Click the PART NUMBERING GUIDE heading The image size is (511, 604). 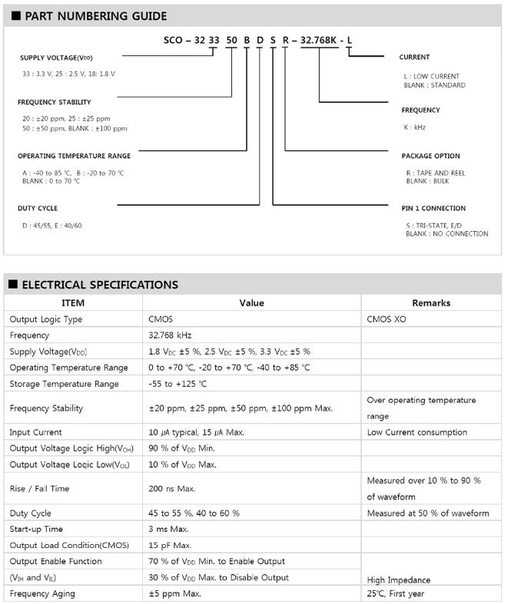[95, 15]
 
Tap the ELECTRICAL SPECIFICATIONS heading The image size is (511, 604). [99, 285]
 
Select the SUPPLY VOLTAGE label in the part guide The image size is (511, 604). [58, 58]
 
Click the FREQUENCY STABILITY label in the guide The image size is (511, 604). [54, 102]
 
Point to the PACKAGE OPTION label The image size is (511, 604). [430, 156]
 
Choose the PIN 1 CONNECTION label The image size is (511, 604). [433, 208]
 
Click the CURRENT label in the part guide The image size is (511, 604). [414, 58]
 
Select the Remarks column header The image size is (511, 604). [431, 303]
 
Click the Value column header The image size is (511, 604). [251, 303]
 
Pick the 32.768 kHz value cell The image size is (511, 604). [170, 335]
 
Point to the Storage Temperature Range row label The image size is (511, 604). [64, 384]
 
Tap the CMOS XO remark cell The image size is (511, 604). [387, 319]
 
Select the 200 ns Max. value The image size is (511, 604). [172, 488]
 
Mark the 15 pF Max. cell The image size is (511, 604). [170, 545]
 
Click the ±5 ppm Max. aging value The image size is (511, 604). [174, 594]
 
